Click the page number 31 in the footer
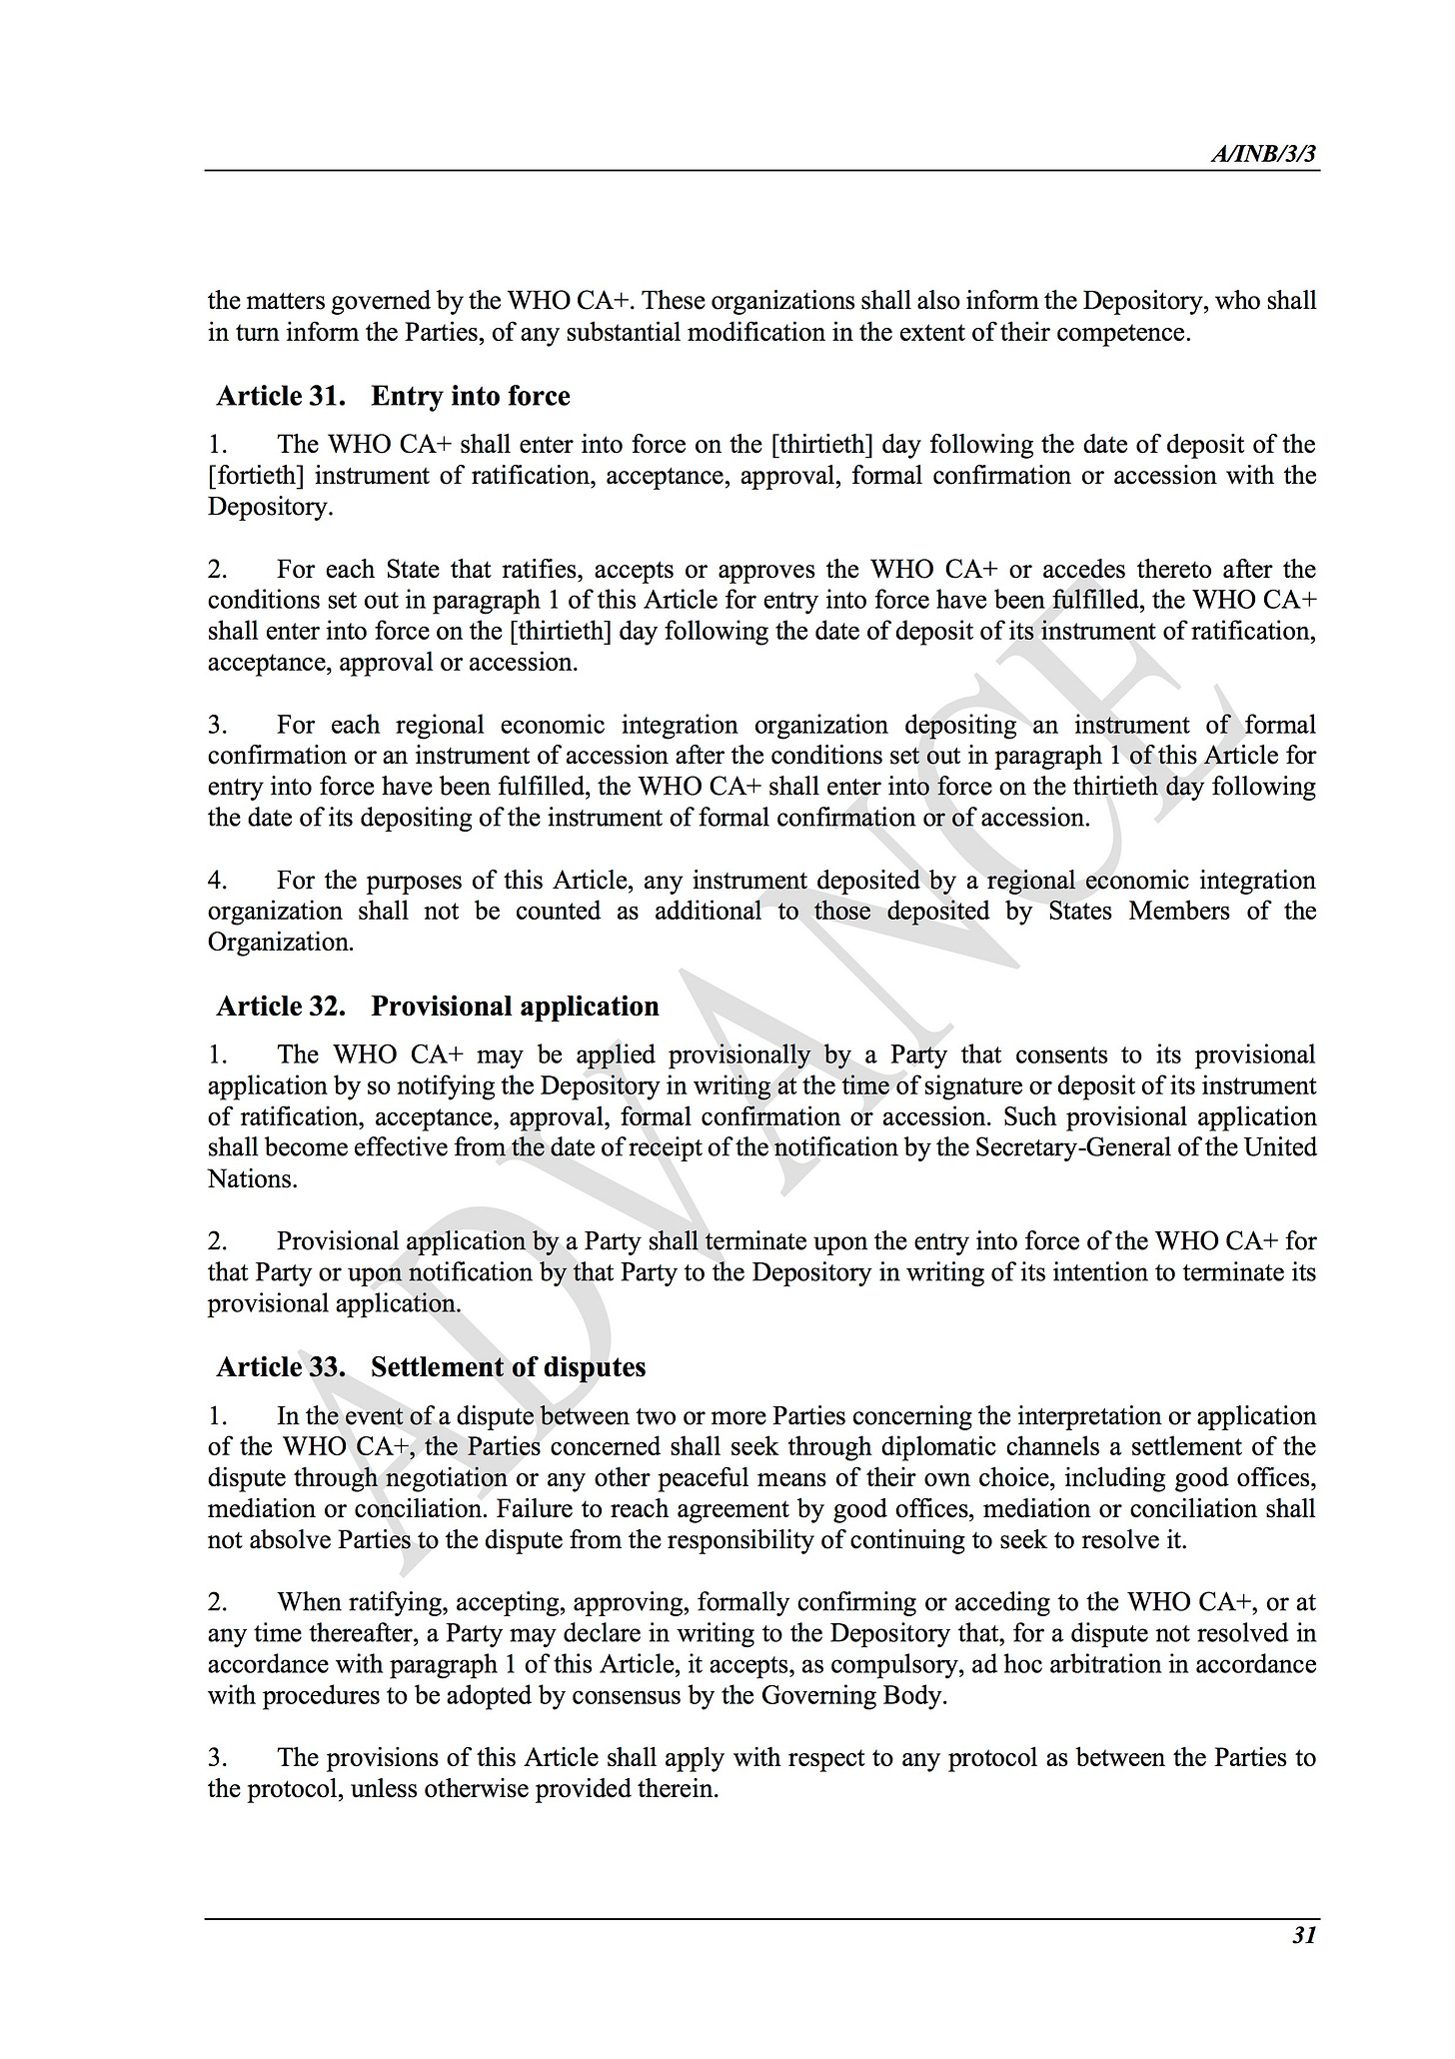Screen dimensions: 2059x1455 click(1303, 1935)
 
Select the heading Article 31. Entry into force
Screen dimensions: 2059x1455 click(393, 397)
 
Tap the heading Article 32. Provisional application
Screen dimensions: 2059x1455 click(438, 1007)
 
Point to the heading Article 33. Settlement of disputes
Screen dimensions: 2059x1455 click(431, 1367)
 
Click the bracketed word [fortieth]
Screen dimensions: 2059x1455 click(255, 476)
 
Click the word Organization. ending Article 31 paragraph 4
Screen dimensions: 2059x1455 click(281, 943)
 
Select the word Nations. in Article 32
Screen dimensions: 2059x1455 click(253, 1179)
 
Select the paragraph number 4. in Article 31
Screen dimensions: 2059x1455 click(218, 881)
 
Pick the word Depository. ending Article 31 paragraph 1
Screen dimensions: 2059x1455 click(270, 507)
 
